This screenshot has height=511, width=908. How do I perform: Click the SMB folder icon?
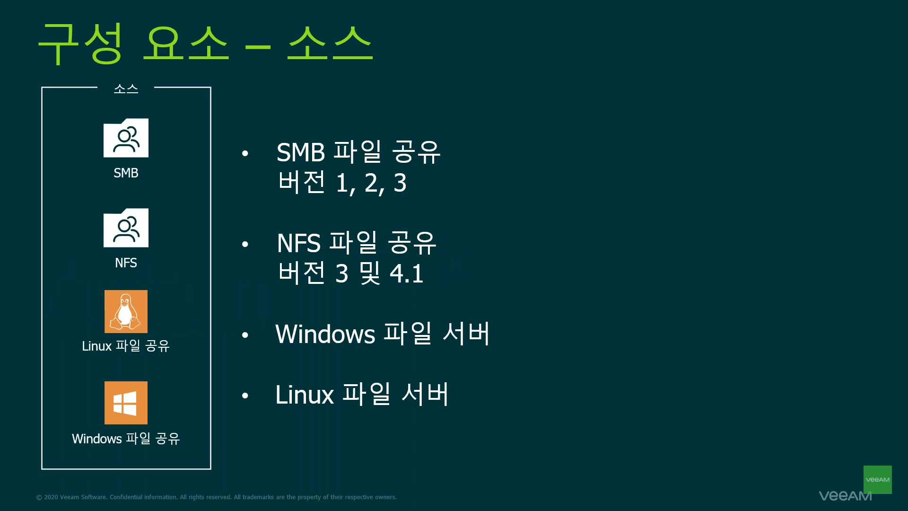[x=126, y=138]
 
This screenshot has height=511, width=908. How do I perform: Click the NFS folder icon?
[x=126, y=228]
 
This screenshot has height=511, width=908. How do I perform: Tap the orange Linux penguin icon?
[x=126, y=311]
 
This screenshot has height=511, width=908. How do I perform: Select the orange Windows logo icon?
[x=126, y=403]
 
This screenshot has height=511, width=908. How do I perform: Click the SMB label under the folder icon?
[x=126, y=173]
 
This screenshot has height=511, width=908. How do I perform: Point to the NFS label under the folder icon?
[x=126, y=263]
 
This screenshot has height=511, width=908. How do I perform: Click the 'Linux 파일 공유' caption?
[x=126, y=346]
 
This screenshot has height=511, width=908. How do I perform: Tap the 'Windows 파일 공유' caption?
[x=126, y=439]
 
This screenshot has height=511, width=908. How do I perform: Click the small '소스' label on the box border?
[x=126, y=88]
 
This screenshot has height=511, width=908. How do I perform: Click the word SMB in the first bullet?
[x=301, y=152]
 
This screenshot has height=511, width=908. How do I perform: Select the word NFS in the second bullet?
[x=299, y=243]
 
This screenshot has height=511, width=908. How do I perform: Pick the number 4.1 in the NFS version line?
[x=406, y=273]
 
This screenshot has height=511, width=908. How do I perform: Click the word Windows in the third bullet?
[x=325, y=334]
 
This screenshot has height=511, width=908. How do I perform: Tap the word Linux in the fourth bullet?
[x=305, y=395]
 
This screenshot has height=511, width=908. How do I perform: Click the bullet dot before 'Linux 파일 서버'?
[x=245, y=396]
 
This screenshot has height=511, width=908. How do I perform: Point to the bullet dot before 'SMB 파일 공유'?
[x=245, y=153]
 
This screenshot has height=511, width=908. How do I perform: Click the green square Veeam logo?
[x=877, y=480]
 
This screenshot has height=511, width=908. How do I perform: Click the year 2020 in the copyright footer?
[x=51, y=497]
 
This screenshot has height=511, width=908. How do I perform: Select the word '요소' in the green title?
[x=186, y=43]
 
